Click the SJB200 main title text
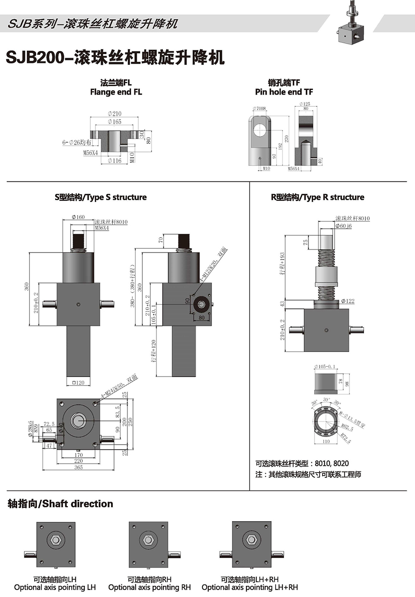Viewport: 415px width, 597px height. click(x=115, y=58)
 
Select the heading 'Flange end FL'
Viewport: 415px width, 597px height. click(x=116, y=92)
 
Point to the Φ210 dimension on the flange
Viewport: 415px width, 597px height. click(x=114, y=114)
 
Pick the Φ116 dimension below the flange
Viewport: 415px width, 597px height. click(x=114, y=161)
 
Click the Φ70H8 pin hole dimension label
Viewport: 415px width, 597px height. click(x=259, y=109)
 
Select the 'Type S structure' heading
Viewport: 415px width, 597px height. click(x=100, y=197)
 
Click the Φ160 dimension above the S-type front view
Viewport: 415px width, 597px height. click(x=78, y=217)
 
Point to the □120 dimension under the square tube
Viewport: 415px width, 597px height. click(x=78, y=383)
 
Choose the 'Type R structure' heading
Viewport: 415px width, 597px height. click(x=317, y=197)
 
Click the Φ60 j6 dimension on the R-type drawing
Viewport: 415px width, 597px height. click(x=343, y=226)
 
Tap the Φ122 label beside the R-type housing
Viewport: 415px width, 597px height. click(x=347, y=301)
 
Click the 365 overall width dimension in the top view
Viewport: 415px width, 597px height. click(x=78, y=467)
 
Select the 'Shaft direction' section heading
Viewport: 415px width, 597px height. click(x=60, y=504)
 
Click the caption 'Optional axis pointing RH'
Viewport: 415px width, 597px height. click(x=149, y=588)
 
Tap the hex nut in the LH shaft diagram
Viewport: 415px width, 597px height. click(x=56, y=540)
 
